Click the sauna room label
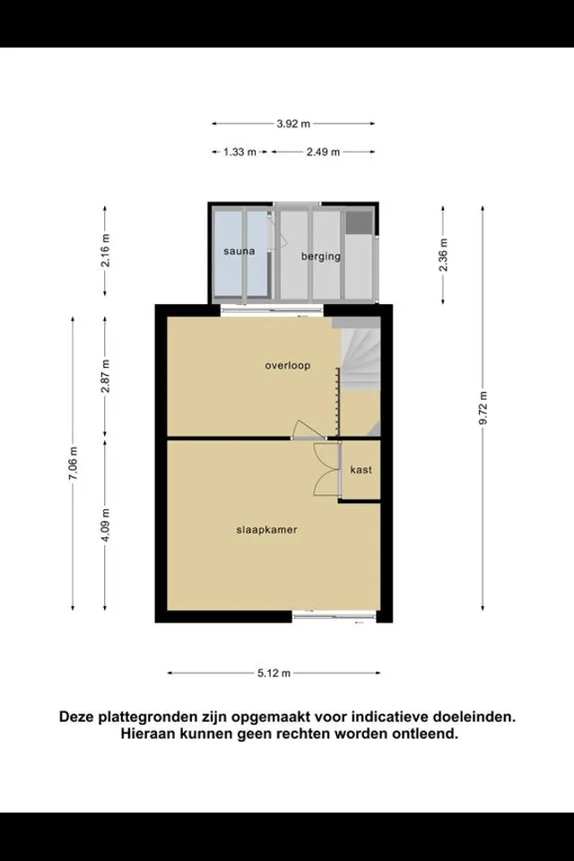(239, 251)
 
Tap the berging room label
(321, 256)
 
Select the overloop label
(287, 365)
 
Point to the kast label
(361, 469)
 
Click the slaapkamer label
(267, 530)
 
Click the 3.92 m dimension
(293, 124)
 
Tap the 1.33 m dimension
(239, 152)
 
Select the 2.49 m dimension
(323, 152)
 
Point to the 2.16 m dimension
(106, 250)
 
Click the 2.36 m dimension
(443, 255)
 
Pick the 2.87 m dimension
(106, 376)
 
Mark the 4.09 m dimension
(106, 525)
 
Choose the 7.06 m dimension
(73, 464)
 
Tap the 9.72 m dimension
(483, 408)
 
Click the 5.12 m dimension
(274, 673)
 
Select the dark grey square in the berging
(360, 222)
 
